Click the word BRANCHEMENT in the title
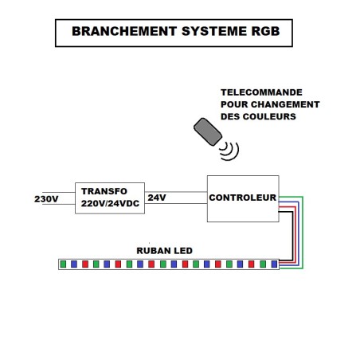click(x=124, y=31)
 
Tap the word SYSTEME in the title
click(x=214, y=31)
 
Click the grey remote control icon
click(x=208, y=131)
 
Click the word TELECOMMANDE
click(x=261, y=92)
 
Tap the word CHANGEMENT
click(x=285, y=104)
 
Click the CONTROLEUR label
click(x=243, y=198)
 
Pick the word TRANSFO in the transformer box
click(x=104, y=191)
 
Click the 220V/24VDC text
click(x=110, y=203)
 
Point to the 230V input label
click(x=46, y=199)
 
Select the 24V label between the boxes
click(x=157, y=198)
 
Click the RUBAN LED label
click(x=164, y=251)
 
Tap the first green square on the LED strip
click(x=63, y=264)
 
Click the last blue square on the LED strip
click(x=274, y=264)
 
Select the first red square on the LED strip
click(x=85, y=264)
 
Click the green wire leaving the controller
click(x=303, y=233)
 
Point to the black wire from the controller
click(x=292, y=236)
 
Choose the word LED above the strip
click(x=183, y=251)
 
